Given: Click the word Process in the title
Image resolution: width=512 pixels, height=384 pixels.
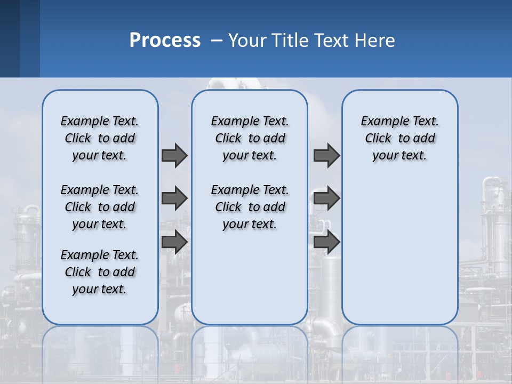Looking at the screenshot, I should tap(165, 40).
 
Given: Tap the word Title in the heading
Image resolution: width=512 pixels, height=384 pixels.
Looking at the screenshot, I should tap(290, 40).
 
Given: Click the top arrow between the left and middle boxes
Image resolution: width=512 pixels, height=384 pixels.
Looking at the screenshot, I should tap(174, 155).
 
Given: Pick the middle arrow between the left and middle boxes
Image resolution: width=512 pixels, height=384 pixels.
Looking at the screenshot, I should tap(174, 198).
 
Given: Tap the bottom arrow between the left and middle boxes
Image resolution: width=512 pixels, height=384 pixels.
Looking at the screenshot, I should tap(174, 242).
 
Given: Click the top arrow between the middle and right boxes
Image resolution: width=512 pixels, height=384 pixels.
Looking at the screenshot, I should tap(326, 155).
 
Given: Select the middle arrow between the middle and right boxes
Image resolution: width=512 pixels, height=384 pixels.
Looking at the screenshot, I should tap(326, 198).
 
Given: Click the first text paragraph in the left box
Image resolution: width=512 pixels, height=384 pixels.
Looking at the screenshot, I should tap(100, 138).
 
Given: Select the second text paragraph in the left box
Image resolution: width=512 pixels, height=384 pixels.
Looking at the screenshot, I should tap(100, 207).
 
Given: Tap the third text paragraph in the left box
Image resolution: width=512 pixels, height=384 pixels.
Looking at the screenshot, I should tap(100, 272).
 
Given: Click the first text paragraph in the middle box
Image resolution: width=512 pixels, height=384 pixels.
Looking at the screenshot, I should tap(250, 138).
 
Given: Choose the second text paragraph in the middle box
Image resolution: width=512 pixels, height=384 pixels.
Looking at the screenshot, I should tap(250, 207).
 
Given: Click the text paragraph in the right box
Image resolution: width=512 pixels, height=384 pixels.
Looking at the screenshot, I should tap(399, 138).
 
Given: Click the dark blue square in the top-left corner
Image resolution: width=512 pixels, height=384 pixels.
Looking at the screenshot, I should tap(10, 38).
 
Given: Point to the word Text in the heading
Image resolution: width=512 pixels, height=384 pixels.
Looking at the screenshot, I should tap(330, 40).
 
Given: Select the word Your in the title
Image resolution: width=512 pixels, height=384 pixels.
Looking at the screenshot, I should tap(247, 40).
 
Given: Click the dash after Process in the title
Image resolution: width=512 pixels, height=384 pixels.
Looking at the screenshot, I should tap(216, 41).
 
